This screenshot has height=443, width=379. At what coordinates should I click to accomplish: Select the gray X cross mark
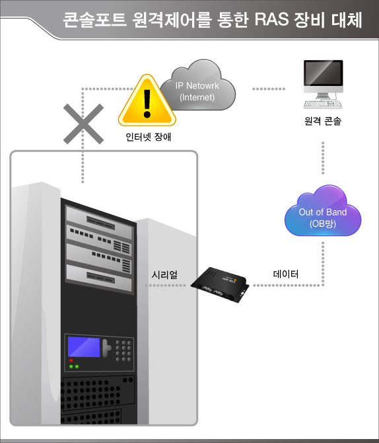click(x=83, y=124)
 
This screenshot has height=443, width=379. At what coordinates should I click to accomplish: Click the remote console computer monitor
click(x=323, y=78)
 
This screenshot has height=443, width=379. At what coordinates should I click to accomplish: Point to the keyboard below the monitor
click(x=323, y=104)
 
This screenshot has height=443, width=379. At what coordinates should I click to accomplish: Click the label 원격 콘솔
click(x=323, y=122)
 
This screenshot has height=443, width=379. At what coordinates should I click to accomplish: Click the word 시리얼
click(x=164, y=274)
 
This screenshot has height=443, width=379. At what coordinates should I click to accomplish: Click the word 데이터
click(x=285, y=274)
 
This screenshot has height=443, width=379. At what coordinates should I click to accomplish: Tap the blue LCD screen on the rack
click(x=84, y=347)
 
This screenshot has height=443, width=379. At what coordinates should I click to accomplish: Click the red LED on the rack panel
click(x=71, y=360)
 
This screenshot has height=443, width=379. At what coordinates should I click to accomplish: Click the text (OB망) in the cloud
click(x=322, y=223)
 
